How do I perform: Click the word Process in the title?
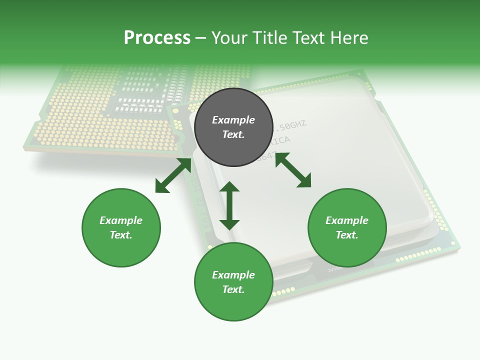[x=157, y=38]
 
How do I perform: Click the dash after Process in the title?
[x=201, y=38]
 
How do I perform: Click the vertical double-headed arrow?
[x=229, y=205]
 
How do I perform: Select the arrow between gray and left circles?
[x=173, y=175]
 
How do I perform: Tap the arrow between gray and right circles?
[x=293, y=170]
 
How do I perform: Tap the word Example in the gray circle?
[x=233, y=120]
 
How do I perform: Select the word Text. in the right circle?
[x=347, y=235]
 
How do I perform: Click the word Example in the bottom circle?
[x=233, y=275]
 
